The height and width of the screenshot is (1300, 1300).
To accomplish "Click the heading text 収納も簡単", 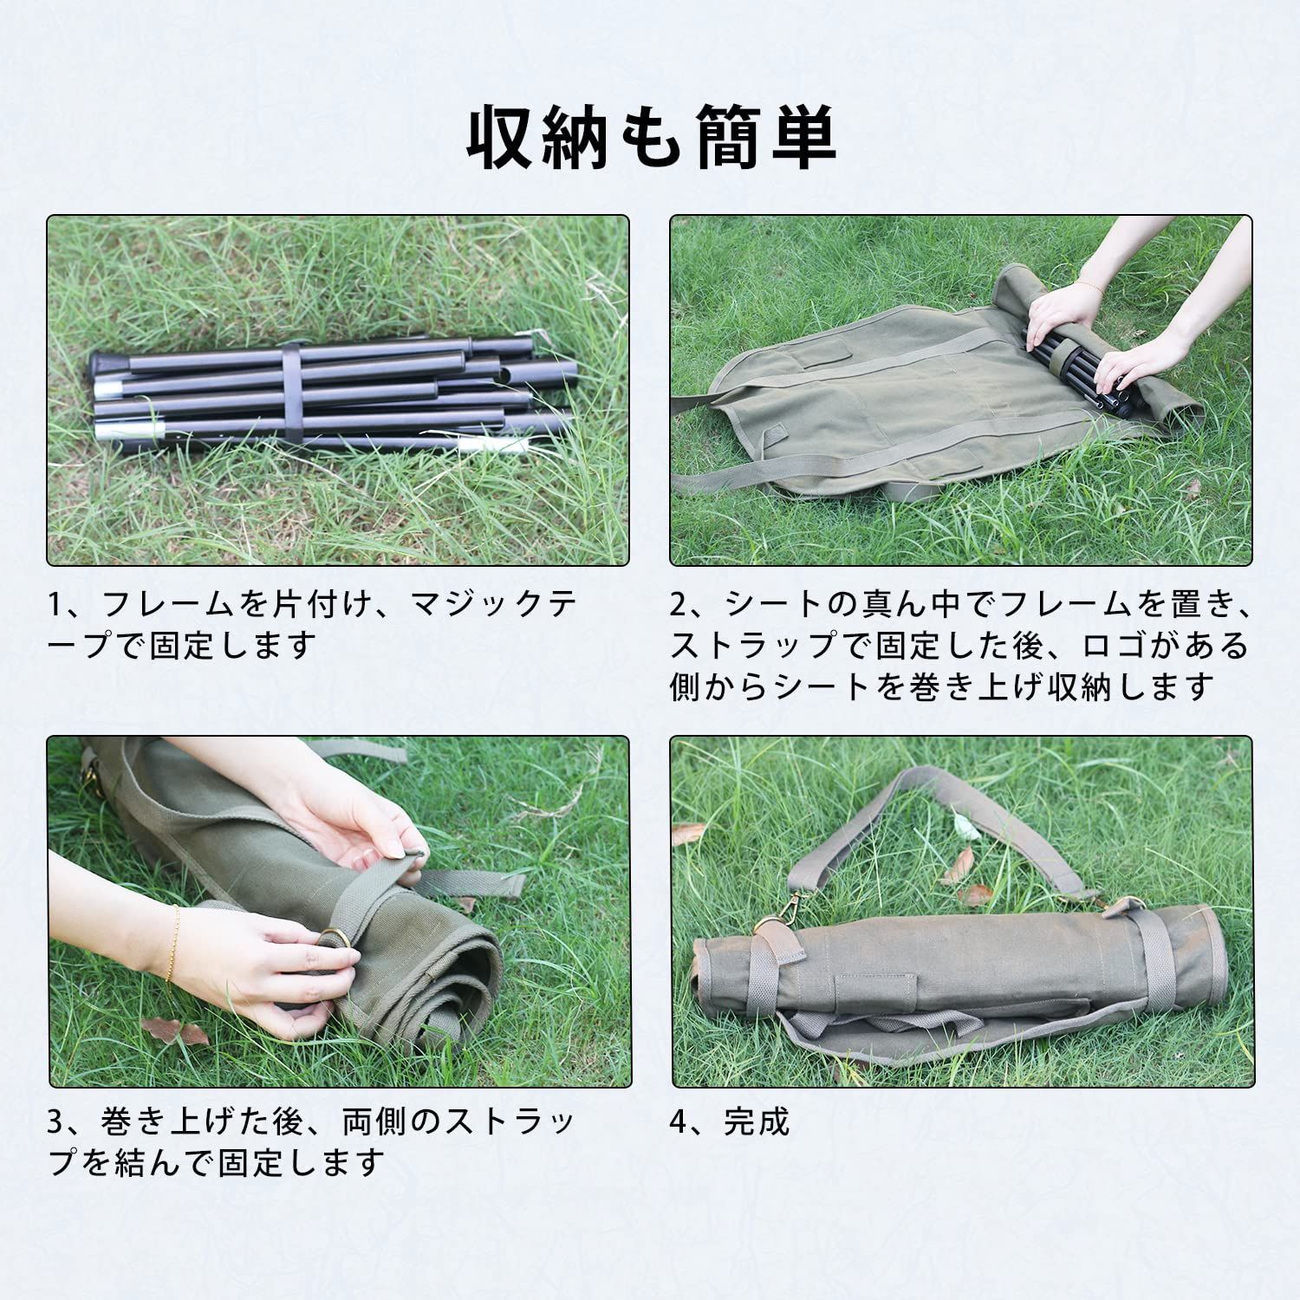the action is coord(651,138).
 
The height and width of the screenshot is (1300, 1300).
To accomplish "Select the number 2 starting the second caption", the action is coord(680,603).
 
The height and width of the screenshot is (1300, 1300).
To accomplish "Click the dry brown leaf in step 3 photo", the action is coord(174,1030).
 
